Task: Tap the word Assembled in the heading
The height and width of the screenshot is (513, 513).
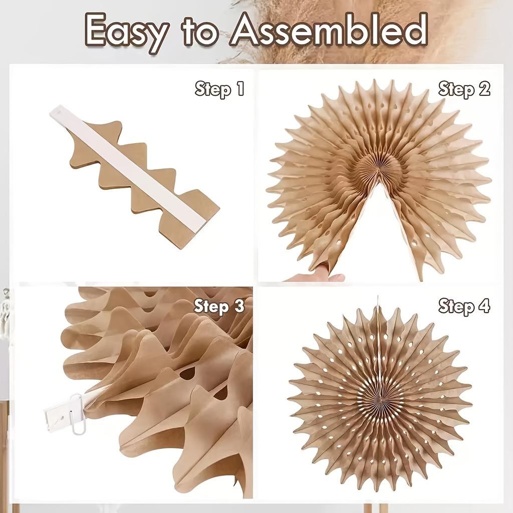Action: point(329,30)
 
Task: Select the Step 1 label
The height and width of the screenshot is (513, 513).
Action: point(219,89)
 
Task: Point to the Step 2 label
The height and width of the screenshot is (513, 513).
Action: point(464,89)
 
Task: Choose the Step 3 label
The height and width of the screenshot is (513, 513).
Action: point(219,306)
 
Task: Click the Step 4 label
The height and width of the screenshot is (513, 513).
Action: point(464,305)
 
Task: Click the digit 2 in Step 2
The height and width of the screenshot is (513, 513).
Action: point(483,89)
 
